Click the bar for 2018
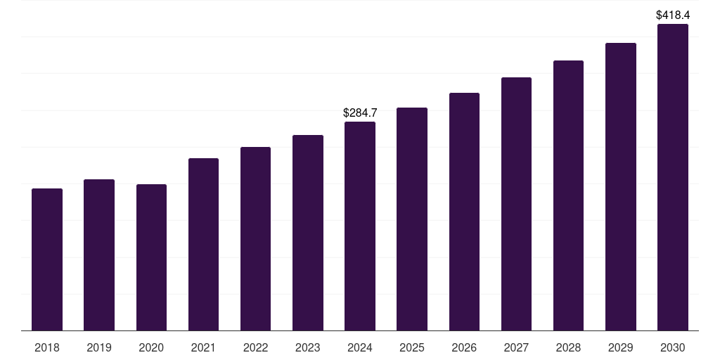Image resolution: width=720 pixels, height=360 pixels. [x=47, y=259]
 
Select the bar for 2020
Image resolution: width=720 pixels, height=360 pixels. [x=151, y=257]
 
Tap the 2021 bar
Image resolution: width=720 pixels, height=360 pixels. [x=203, y=244]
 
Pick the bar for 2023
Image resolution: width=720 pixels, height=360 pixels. [x=308, y=233]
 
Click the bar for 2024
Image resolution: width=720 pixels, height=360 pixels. [x=360, y=226]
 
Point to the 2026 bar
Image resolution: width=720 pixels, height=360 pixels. [x=464, y=212]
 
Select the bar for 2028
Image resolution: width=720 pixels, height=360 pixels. [x=568, y=195]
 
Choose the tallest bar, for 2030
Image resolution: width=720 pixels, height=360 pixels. [x=673, y=177]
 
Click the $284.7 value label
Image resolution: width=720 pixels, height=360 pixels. [x=360, y=112]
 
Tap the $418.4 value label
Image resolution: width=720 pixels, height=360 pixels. [x=673, y=15]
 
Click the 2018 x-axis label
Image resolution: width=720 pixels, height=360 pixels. [x=47, y=347]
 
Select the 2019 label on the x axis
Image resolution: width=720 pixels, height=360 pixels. [x=99, y=347]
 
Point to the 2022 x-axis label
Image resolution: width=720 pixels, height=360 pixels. [x=255, y=347]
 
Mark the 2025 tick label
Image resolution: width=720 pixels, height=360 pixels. [x=412, y=347]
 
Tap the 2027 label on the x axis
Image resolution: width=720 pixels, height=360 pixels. [x=516, y=347]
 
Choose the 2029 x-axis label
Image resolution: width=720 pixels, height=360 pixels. [x=620, y=347]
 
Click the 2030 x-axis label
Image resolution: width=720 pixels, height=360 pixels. [x=673, y=347]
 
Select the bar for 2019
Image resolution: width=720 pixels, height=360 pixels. [x=99, y=255]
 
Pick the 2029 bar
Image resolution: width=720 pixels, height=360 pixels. [x=621, y=187]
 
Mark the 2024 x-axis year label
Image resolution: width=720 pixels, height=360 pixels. [x=360, y=347]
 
